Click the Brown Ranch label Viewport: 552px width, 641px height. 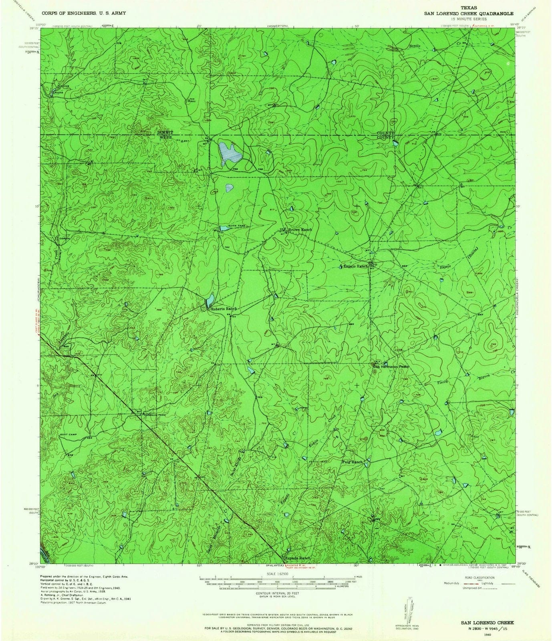[300, 230]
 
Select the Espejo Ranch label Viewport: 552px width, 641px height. [354, 266]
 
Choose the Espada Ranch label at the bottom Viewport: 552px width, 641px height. [297, 558]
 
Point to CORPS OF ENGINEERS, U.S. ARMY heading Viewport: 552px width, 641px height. [83, 13]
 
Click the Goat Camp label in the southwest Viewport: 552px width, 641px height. [69, 434]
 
